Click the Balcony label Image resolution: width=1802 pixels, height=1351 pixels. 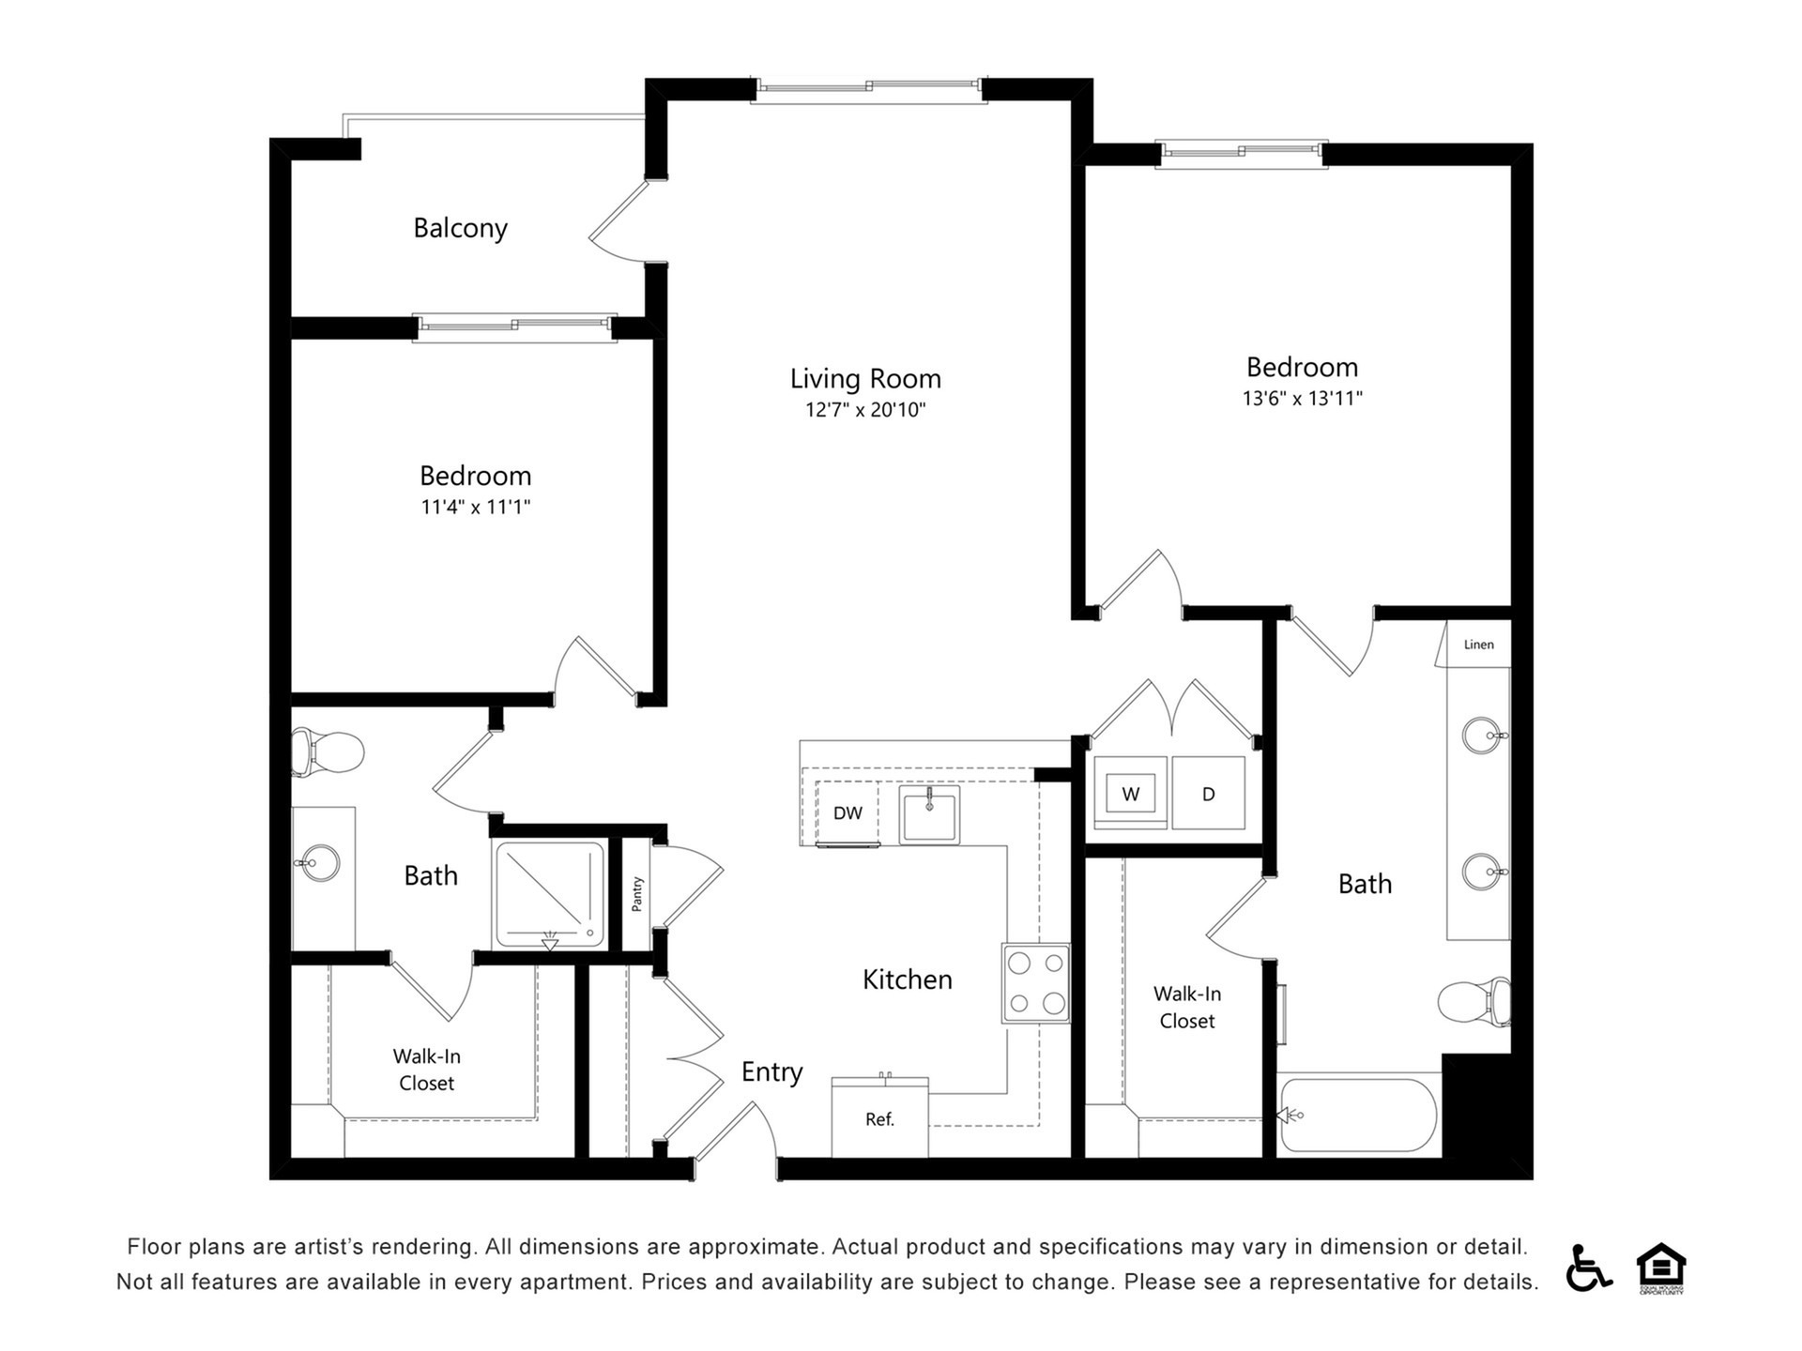click(x=460, y=228)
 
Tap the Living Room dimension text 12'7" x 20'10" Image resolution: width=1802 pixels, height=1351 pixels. click(x=865, y=410)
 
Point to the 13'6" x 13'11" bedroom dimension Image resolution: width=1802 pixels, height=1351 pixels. click(x=1302, y=398)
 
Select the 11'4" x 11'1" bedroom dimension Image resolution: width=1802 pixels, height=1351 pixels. click(x=476, y=508)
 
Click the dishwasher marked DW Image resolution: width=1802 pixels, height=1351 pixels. click(x=848, y=812)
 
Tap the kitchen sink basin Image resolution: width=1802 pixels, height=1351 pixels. click(x=929, y=814)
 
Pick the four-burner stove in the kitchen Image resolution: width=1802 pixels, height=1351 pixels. click(x=1036, y=982)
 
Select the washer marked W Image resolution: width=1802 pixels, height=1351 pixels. click(x=1130, y=793)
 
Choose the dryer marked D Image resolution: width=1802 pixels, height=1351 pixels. click(x=1208, y=793)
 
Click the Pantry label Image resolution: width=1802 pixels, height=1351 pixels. click(x=637, y=894)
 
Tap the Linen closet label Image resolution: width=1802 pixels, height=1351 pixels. click(x=1478, y=645)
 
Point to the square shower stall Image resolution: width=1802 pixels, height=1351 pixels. click(x=550, y=895)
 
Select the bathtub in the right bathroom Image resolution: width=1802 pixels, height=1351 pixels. click(x=1358, y=1115)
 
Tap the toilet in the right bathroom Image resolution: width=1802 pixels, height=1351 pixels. click(x=1474, y=1001)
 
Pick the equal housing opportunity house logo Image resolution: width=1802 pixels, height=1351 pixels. click(x=1661, y=1268)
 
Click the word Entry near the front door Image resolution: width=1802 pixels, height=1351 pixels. click(x=771, y=1072)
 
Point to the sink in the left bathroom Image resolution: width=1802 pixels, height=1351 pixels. click(x=318, y=862)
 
